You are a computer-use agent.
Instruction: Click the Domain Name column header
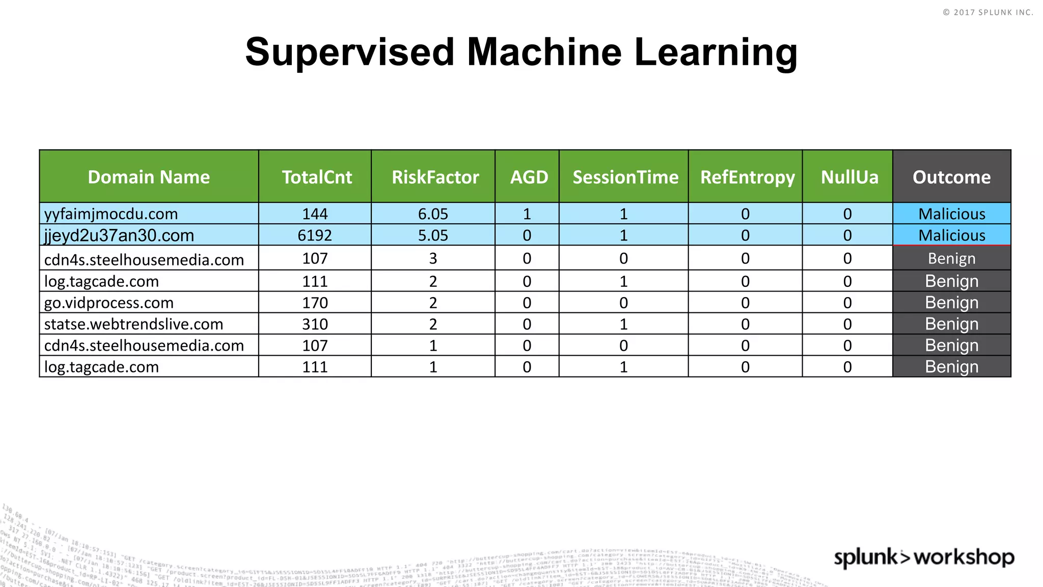click(x=149, y=177)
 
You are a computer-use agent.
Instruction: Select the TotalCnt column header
click(x=317, y=177)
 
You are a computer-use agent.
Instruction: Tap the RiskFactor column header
click(x=435, y=177)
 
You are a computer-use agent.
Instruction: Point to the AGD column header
click(x=529, y=177)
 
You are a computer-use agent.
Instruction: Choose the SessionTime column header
click(x=625, y=177)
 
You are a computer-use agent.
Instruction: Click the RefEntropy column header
click(x=747, y=177)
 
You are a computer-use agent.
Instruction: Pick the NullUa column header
click(x=849, y=177)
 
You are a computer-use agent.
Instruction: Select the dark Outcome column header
click(x=951, y=177)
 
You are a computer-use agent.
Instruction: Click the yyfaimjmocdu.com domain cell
click(x=111, y=214)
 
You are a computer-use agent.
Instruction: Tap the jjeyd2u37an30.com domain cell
click(x=119, y=235)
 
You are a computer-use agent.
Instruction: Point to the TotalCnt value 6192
click(x=315, y=235)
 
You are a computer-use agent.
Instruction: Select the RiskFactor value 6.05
click(x=433, y=214)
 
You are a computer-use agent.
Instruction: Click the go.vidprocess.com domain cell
click(x=109, y=303)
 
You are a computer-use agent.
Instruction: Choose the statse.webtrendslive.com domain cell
click(x=134, y=324)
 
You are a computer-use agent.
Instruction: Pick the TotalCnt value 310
click(x=315, y=324)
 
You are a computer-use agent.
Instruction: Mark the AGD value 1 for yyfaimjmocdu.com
click(x=527, y=214)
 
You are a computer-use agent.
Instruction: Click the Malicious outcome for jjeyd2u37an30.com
click(x=952, y=235)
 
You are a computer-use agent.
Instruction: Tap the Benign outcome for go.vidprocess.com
click(x=952, y=303)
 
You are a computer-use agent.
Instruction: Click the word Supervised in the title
click(x=349, y=52)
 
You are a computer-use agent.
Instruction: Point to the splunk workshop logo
click(x=924, y=557)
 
